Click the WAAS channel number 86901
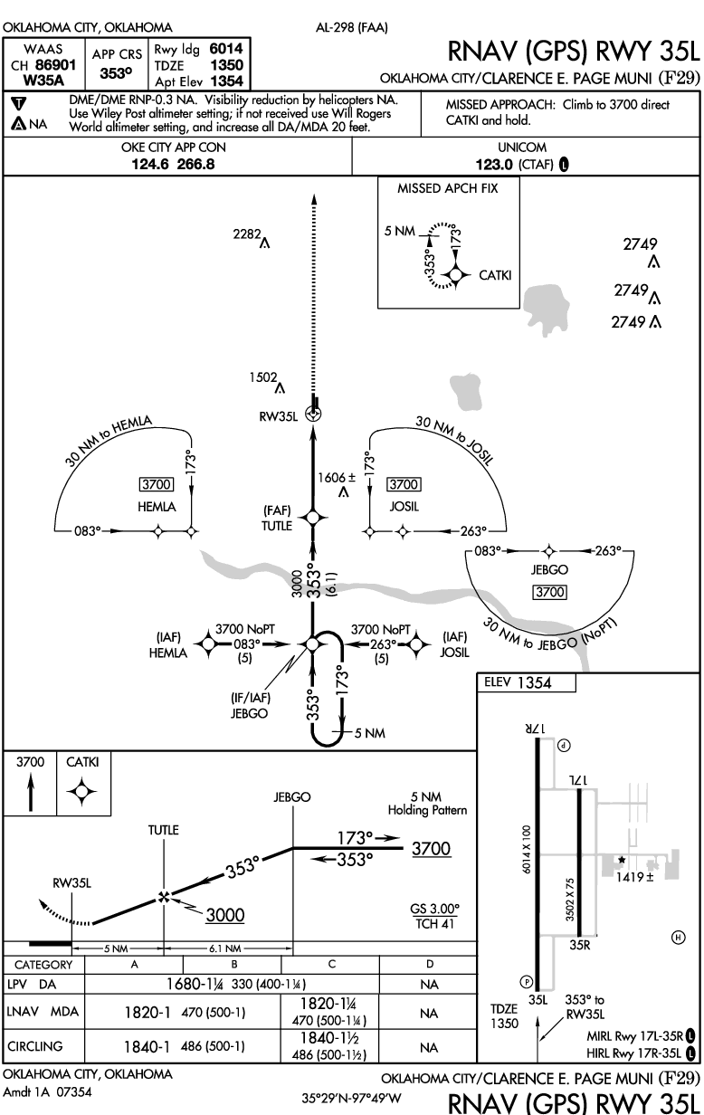coord(56,65)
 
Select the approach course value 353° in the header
coord(116,73)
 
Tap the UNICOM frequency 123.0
coord(494,165)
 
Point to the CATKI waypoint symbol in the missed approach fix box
coord(455,275)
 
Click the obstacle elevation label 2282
coord(247,233)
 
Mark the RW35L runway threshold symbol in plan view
coord(313,413)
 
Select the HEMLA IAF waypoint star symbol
coord(208,644)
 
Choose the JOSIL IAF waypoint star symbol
coord(416,644)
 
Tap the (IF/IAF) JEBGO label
coord(250,705)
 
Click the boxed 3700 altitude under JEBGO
coord(550,592)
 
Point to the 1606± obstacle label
coord(337,478)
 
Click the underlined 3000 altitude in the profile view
coord(225,915)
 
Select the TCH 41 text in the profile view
coord(435,924)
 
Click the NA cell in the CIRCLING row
coord(429,1048)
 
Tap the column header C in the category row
coord(332,964)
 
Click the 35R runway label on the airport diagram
coord(580,945)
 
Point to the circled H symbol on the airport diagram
coord(678,938)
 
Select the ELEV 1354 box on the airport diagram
coord(527,682)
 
